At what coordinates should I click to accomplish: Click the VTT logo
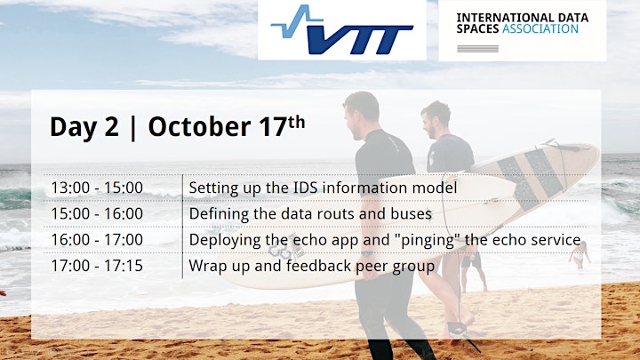pyautogui.click(x=342, y=29)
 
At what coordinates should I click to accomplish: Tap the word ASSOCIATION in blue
pyautogui.click(x=540, y=29)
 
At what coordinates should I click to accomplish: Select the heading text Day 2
pyautogui.click(x=84, y=127)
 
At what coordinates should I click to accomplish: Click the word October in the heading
pyautogui.click(x=200, y=126)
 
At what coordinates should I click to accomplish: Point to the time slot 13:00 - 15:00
pyautogui.click(x=97, y=188)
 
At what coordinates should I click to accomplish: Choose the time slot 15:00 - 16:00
pyautogui.click(x=97, y=213)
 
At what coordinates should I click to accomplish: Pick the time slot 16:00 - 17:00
pyautogui.click(x=97, y=240)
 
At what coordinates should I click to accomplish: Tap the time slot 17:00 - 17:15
pyautogui.click(x=97, y=266)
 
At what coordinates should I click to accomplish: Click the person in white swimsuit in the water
pyautogui.click(x=580, y=255)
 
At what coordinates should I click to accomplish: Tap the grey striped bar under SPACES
pyautogui.click(x=477, y=49)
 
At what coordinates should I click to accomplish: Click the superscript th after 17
pyautogui.click(x=297, y=122)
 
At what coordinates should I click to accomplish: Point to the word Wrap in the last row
pyautogui.click(x=207, y=267)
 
